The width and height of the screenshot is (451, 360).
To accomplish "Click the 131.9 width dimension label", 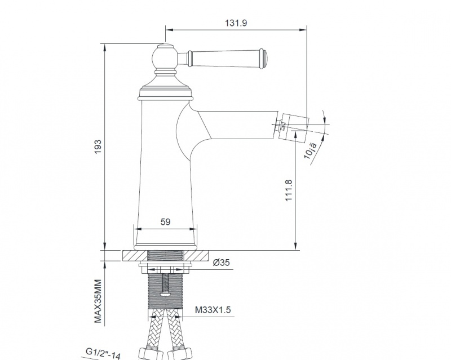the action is (x=236, y=23).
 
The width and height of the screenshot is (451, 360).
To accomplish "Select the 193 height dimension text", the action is (x=98, y=146).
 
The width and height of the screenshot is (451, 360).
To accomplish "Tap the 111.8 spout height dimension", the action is (x=289, y=190).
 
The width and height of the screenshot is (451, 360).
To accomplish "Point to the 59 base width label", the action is (x=165, y=222).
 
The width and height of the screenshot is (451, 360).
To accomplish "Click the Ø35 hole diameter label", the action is (x=221, y=263).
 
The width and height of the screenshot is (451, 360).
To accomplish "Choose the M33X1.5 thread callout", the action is (x=213, y=310).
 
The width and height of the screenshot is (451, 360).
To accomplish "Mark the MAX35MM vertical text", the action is (x=98, y=301).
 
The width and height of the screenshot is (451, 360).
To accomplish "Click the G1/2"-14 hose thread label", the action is (x=103, y=353).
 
